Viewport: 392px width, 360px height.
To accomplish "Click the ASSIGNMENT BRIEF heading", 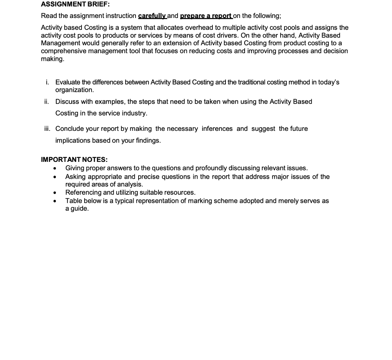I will [x=75, y=5].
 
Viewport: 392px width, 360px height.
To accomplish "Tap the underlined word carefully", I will [x=152, y=16].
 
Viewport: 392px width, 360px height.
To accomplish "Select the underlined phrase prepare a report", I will [x=206, y=16].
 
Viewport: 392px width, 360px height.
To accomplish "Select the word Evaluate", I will [x=68, y=82].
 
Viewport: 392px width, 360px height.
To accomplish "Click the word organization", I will [x=74, y=90].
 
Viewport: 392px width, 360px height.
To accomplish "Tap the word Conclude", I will [x=69, y=129].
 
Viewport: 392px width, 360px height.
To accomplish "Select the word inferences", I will [x=217, y=129].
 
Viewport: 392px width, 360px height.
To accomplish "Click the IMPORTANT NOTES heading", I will [x=74, y=160].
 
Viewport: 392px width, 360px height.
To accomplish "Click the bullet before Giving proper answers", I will [x=56, y=169].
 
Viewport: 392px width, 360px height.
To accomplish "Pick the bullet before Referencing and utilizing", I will [x=56, y=193].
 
